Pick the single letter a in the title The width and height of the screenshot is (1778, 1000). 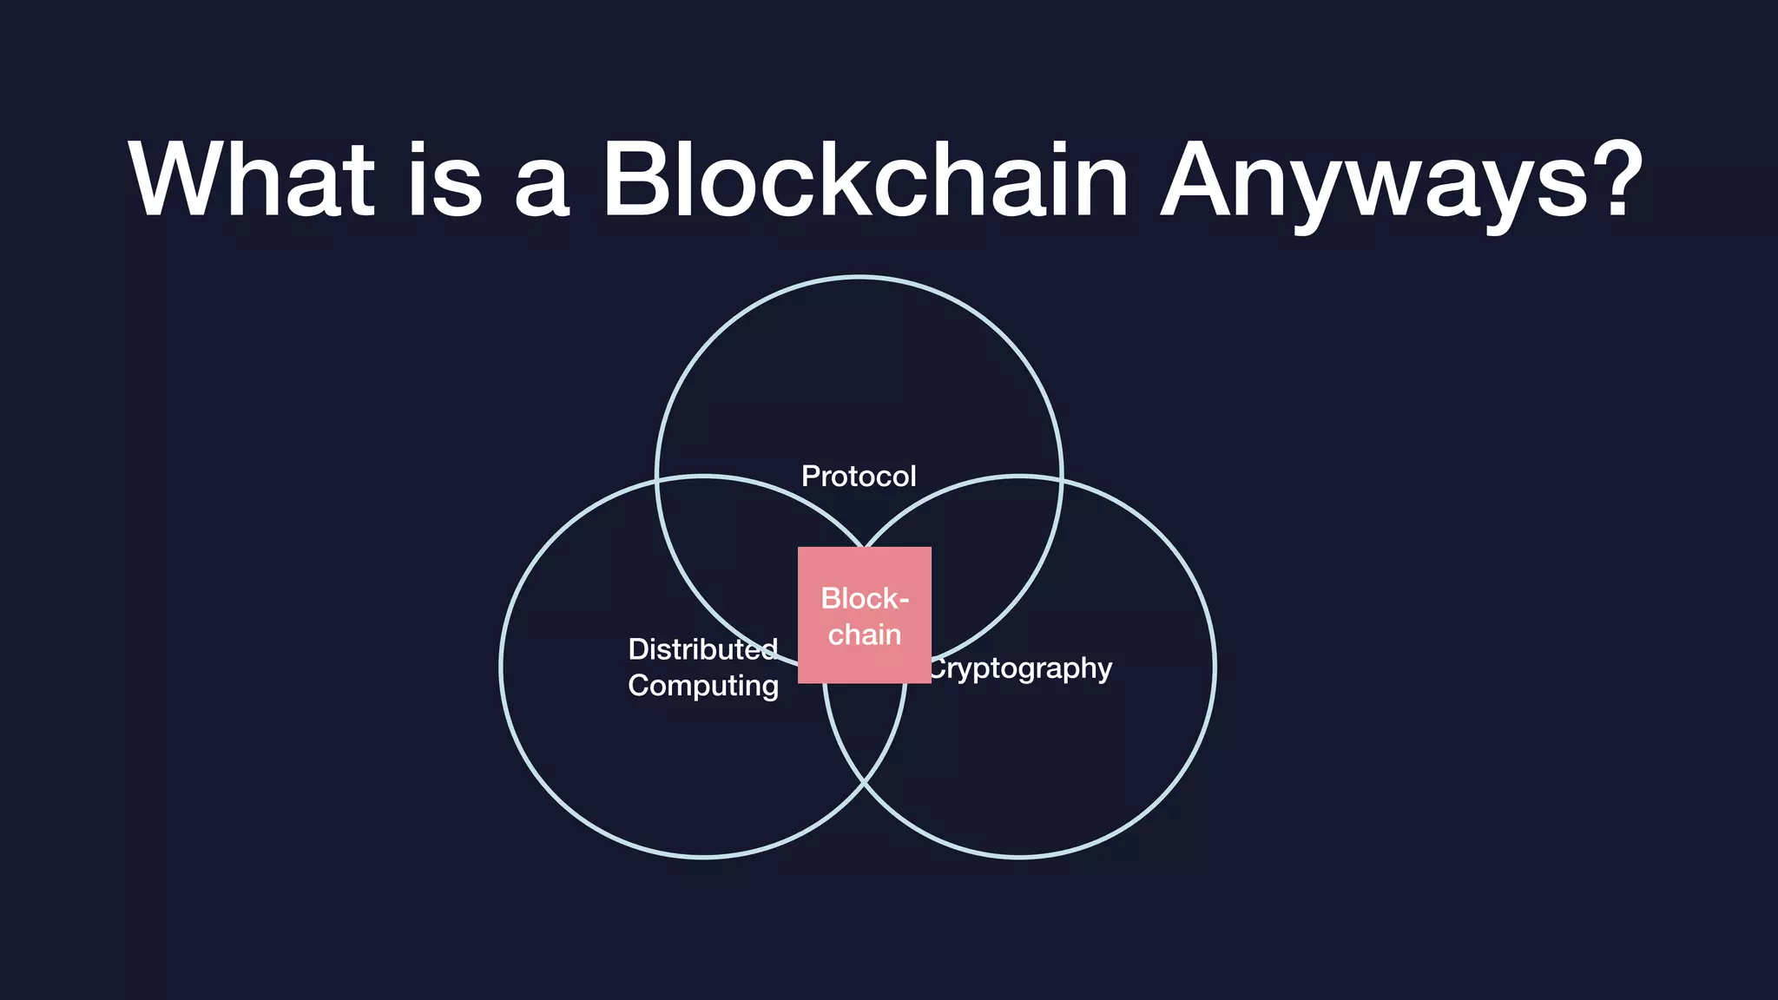[542, 187]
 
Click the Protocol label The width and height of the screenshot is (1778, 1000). [859, 477]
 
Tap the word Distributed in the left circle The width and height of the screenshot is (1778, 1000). [702, 649]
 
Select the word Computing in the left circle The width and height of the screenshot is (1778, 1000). [703, 686]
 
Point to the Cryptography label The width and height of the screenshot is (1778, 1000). [1021, 668]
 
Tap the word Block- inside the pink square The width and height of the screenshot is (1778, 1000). [865, 598]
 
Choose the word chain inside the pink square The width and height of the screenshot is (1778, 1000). [865, 635]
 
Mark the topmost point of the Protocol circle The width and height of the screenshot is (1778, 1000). [859, 277]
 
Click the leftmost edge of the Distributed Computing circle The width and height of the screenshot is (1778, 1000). [502, 667]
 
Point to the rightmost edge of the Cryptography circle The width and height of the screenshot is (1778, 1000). [1215, 667]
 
